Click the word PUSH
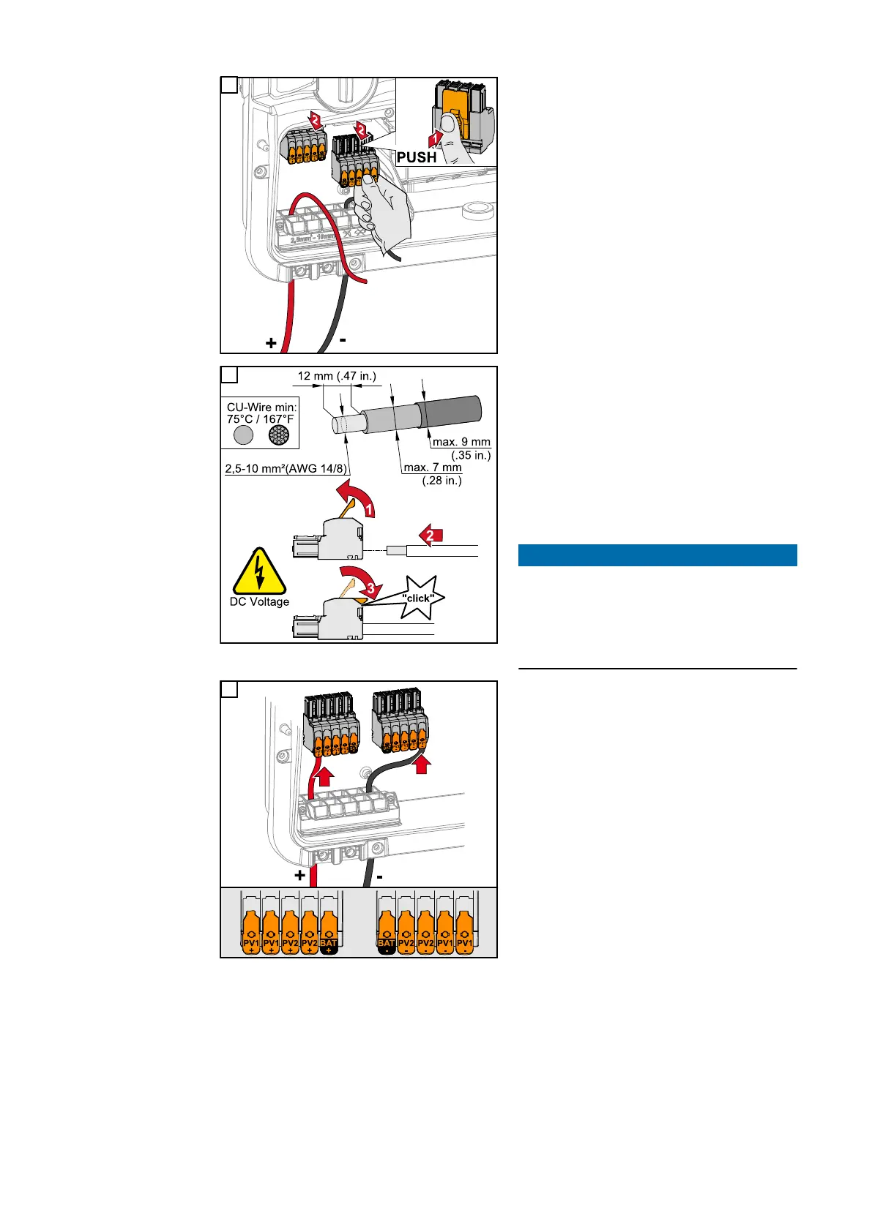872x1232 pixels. [x=417, y=157]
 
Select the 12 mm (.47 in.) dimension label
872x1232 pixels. [x=337, y=376]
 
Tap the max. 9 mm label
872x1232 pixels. [x=461, y=442]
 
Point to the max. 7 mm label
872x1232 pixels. [x=433, y=467]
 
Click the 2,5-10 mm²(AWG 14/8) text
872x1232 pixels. [x=286, y=468]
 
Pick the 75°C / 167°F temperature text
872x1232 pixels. [x=260, y=419]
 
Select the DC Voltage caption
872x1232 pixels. [x=259, y=602]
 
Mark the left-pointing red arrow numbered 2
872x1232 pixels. [x=428, y=536]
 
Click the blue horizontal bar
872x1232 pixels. [x=657, y=555]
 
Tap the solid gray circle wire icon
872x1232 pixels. [x=243, y=435]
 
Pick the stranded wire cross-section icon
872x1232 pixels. [x=279, y=435]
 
